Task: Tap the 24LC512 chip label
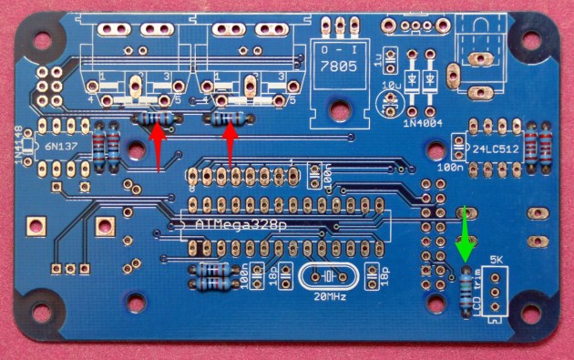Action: tap(497, 146)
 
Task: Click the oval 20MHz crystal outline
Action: tap(323, 276)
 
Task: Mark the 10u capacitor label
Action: tap(391, 85)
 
